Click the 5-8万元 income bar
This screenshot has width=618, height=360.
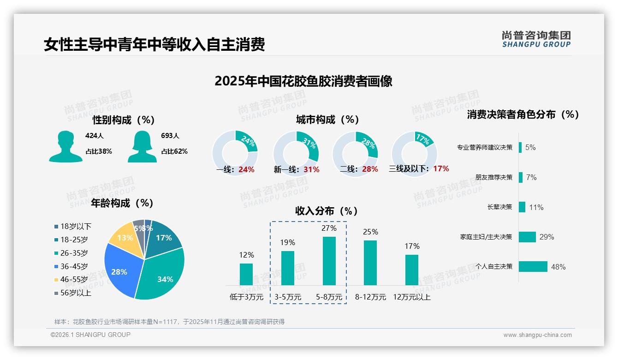click(x=329, y=261)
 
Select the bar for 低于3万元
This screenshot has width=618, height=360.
click(x=246, y=274)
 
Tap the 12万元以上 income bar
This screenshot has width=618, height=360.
click(x=412, y=270)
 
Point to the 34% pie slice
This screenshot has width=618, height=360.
click(x=161, y=275)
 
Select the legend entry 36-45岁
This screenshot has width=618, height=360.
click(x=73, y=266)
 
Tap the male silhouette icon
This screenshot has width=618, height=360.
click(x=65, y=147)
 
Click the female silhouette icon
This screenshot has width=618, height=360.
click(x=142, y=147)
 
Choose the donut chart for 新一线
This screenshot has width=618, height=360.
click(x=296, y=154)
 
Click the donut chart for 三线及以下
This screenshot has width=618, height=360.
click(x=414, y=153)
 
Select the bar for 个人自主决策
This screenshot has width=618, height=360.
click(x=533, y=267)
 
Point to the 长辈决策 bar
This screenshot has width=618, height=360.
click(x=522, y=207)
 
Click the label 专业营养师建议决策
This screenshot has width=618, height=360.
click(x=485, y=147)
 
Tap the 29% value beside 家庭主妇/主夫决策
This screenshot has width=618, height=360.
click(x=547, y=237)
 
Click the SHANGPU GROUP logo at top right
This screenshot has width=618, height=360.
click(x=536, y=39)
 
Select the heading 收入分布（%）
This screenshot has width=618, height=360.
click(x=327, y=211)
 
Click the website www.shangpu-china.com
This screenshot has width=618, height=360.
click(x=537, y=335)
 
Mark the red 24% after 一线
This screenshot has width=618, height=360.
click(x=246, y=169)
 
